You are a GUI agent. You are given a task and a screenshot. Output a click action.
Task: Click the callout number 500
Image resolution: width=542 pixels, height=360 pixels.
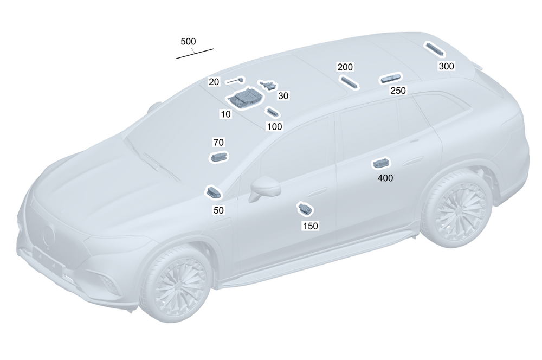tap(189, 41)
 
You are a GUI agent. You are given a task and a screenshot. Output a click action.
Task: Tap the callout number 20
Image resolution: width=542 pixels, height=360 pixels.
tap(214, 82)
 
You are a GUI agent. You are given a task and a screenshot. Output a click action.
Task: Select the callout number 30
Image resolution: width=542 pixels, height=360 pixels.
tap(283, 95)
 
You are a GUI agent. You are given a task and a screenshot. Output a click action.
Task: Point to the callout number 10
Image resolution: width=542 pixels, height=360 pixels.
tap(225, 114)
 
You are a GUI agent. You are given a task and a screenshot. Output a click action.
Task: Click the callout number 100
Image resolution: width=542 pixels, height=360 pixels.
tap(275, 126)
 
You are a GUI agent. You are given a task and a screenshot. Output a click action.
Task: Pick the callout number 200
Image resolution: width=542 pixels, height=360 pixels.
tap(345, 67)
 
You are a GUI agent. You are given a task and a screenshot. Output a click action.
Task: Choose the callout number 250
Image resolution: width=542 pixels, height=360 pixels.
tap(398, 91)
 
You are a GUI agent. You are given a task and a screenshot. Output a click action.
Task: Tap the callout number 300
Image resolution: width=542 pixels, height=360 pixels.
tap(447, 66)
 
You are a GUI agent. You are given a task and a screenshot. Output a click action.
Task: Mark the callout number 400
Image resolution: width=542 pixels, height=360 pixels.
tap(385, 177)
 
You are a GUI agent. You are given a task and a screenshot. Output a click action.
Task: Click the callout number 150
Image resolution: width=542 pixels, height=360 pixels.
tap(310, 226)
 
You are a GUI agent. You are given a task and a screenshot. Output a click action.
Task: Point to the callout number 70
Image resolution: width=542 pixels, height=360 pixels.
tap(218, 143)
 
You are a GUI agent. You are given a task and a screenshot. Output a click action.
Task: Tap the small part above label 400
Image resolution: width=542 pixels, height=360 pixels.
tap(379, 164)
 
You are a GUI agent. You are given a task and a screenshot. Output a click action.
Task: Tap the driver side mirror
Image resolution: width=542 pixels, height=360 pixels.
tap(265, 188)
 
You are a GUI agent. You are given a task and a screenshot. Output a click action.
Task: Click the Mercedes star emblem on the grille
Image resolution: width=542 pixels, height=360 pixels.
tap(49, 234)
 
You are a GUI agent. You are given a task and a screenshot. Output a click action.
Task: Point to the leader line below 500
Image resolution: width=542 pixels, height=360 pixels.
tap(195, 53)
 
